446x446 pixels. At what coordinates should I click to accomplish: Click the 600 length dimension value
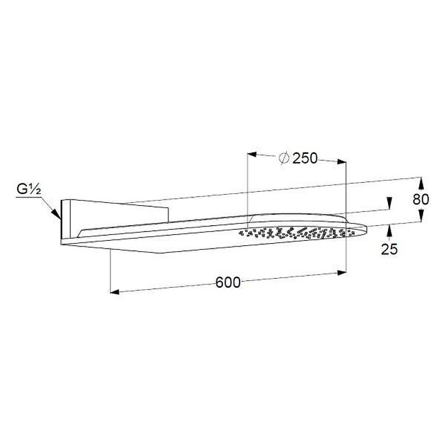pos(228,283)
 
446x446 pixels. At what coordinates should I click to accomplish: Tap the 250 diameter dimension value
pos(305,158)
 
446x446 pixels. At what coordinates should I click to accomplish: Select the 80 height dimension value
pos(421,200)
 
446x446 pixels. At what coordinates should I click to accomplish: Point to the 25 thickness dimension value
pos(389,249)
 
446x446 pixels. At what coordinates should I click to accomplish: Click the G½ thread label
pos(28,190)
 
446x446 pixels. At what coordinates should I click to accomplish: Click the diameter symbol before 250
pos(284,158)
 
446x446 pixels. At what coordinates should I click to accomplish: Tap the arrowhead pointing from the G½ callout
pos(57,214)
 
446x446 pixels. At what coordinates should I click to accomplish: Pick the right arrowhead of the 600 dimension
pos(341,273)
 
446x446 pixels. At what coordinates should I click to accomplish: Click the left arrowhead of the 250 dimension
pos(252,154)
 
